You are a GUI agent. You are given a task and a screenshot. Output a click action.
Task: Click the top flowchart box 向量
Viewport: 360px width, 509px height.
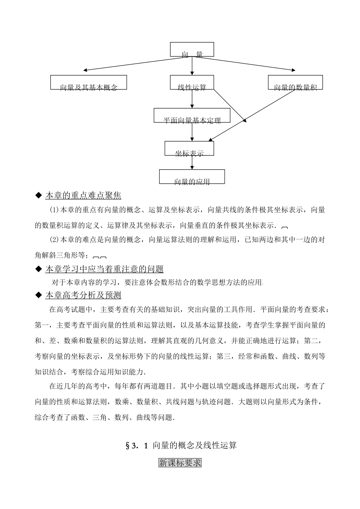[192, 50]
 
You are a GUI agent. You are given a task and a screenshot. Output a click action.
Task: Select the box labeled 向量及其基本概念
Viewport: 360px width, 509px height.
[89, 82]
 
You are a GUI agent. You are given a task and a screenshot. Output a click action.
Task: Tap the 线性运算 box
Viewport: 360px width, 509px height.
[192, 82]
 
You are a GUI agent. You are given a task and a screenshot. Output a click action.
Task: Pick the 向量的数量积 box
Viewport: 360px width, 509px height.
[295, 82]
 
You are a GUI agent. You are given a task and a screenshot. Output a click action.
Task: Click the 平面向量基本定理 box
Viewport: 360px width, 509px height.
[192, 116]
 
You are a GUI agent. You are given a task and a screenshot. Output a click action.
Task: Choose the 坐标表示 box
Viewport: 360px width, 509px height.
[189, 148]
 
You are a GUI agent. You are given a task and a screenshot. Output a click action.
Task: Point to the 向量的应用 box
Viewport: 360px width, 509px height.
[192, 176]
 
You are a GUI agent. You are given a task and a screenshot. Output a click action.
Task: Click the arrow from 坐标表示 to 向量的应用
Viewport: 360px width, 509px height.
[192, 162]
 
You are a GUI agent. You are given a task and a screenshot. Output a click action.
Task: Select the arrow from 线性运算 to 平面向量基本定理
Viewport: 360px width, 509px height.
[192, 99]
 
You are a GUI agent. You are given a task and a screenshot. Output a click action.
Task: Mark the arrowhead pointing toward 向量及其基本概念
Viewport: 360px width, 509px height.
[86, 70]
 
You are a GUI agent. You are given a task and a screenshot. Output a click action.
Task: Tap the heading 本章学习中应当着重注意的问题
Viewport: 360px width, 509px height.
[104, 269]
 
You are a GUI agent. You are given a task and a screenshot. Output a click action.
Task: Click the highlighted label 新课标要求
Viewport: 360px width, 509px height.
[180, 463]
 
